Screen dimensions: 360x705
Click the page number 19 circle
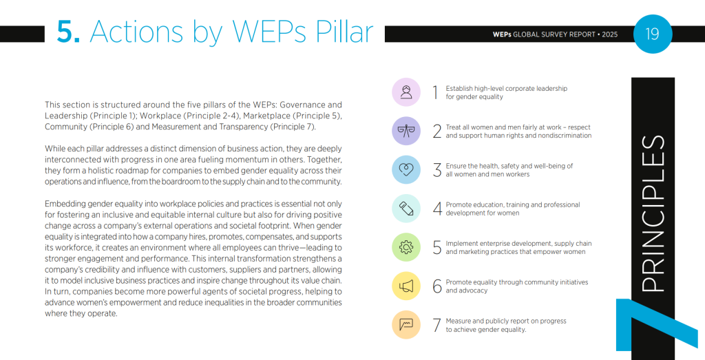(651, 33)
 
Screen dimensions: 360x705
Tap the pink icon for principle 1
(406, 92)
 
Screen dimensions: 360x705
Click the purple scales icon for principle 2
(406, 131)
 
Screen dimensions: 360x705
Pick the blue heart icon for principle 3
(406, 169)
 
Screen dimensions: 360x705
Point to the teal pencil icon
(406, 209)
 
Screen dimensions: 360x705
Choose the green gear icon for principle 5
(406, 247)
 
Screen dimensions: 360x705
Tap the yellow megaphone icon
(406, 286)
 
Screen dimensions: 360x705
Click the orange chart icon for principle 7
(406, 325)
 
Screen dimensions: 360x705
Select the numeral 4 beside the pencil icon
(437, 209)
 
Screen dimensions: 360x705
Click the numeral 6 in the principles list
(437, 286)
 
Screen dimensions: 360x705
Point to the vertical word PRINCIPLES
(652, 213)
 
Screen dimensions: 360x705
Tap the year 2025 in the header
(610, 34)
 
